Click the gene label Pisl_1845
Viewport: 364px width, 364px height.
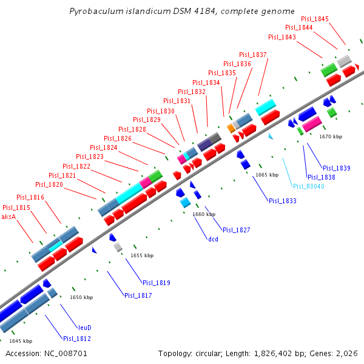pyautogui.click(x=315, y=19)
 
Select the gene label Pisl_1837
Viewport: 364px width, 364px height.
pyautogui.click(x=253, y=55)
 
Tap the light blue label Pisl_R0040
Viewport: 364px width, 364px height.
pyautogui.click(x=309, y=186)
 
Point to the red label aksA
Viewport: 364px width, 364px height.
pyautogui.click(x=8, y=217)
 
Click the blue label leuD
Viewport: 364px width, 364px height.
pyautogui.click(x=84, y=328)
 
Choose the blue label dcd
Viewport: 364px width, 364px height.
pyautogui.click(x=213, y=239)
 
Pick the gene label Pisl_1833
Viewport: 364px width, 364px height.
pyautogui.click(x=283, y=201)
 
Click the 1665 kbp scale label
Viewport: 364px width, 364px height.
pyautogui.click(x=267, y=175)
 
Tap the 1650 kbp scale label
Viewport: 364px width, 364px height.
pyautogui.click(x=81, y=297)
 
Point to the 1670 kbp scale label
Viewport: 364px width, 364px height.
pyautogui.click(x=331, y=136)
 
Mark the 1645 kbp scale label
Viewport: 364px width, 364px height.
pyautogui.click(x=21, y=341)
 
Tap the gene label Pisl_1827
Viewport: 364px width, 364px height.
pyautogui.click(x=237, y=230)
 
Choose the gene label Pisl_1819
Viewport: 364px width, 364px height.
pyautogui.click(x=157, y=283)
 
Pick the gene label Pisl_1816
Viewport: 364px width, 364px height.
pyautogui.click(x=30, y=197)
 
